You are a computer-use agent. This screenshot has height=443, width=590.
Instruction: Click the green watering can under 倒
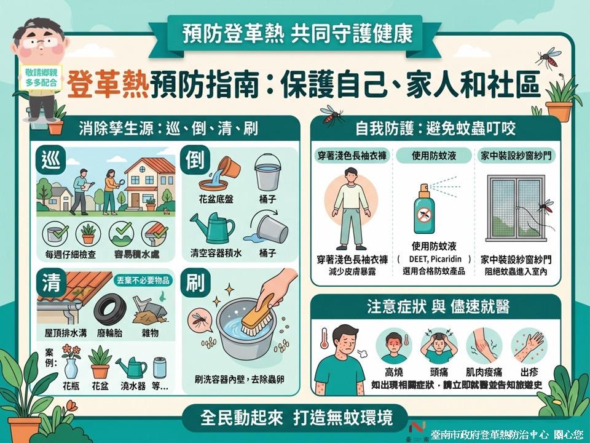[212, 228]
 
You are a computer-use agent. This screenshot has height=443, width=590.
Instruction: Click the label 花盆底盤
[216, 199]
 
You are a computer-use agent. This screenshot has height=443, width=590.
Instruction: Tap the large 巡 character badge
[51, 160]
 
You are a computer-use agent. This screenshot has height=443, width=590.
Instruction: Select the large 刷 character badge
[195, 283]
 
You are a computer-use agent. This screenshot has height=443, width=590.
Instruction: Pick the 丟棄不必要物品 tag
[143, 281]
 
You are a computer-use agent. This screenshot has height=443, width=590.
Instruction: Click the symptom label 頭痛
[439, 372]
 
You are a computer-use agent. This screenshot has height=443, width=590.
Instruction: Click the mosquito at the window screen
[546, 207]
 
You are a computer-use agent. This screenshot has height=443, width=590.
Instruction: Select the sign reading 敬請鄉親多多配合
[41, 78]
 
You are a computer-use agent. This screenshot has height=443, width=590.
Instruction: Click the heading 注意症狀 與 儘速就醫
[438, 306]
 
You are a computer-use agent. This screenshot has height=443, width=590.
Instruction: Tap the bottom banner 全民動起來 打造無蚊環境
[296, 417]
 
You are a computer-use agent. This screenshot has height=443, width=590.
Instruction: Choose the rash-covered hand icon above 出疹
[528, 345]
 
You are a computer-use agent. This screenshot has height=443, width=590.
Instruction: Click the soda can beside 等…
[160, 367]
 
